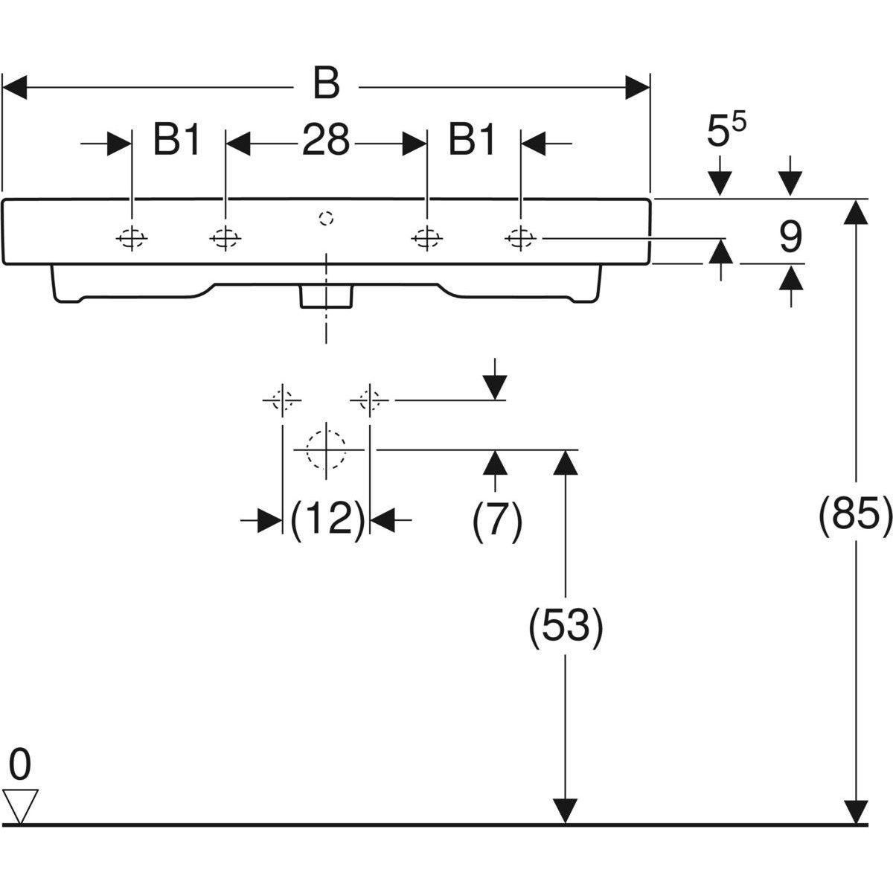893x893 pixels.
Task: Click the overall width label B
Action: coord(326,84)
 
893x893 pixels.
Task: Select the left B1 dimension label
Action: coord(177,140)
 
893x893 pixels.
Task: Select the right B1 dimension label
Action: coord(473,140)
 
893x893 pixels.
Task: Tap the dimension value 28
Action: coord(326,140)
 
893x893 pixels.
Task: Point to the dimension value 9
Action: coord(790,238)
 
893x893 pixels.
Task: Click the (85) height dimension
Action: coord(855,513)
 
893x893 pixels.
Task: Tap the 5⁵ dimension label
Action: coord(726,132)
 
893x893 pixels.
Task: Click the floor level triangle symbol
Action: coord(20,806)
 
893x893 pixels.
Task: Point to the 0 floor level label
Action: coord(21,764)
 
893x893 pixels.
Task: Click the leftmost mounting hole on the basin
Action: coord(131,238)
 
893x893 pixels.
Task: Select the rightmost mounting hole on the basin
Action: coord(520,238)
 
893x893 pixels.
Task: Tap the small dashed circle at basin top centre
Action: coord(325,218)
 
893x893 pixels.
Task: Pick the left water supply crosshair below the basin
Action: coord(282,400)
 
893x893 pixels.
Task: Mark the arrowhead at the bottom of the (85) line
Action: coord(857,811)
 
